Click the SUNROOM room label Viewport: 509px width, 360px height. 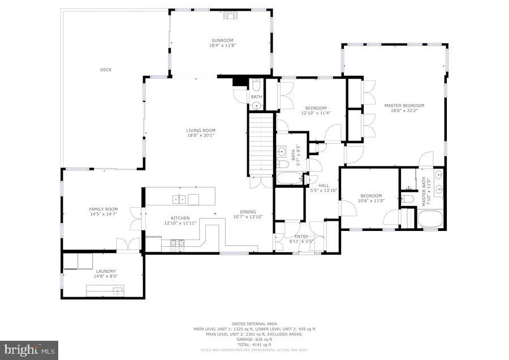pyautogui.click(x=222, y=40)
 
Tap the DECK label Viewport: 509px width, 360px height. pyautogui.click(x=106, y=70)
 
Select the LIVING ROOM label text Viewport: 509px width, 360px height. pyautogui.click(x=201, y=130)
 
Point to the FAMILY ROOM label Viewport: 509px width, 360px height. pyautogui.click(x=103, y=209)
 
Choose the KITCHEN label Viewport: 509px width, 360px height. pyautogui.click(x=180, y=218)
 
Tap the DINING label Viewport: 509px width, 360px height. pyautogui.click(x=248, y=212)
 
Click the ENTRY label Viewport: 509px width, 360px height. pyautogui.click(x=301, y=235)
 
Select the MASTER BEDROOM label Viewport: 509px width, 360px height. pyautogui.click(x=404, y=105)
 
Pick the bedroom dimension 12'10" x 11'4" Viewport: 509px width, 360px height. pyautogui.click(x=316, y=113)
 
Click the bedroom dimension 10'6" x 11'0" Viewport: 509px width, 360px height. pyautogui.click(x=371, y=200)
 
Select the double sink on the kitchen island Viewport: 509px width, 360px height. pyautogui.click(x=179, y=198)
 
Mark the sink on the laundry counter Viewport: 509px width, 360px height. pyautogui.click(x=117, y=290)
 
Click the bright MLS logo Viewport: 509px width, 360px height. pyautogui.click(x=29, y=350)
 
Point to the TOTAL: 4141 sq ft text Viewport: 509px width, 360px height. pyautogui.click(x=254, y=344)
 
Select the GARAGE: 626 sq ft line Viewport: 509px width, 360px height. pyautogui.click(x=254, y=339)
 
